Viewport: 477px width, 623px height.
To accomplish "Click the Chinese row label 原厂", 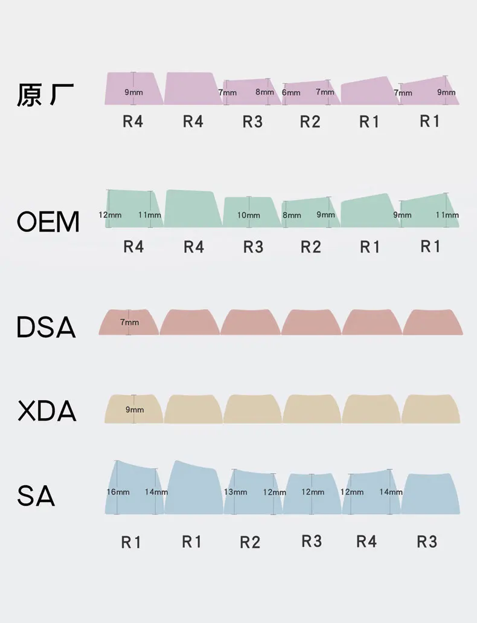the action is coord(45,95).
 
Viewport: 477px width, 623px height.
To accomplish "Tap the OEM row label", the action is coord(48,222).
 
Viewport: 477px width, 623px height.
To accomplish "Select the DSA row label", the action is coord(46,327).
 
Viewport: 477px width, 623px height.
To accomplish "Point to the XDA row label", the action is coord(47,411).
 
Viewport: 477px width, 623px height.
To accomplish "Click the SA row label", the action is coord(36,496).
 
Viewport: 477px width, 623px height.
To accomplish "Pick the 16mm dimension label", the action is coord(118,492).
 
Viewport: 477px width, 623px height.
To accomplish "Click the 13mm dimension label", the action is coord(235,492).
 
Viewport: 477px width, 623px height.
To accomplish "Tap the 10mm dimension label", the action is coord(248,215).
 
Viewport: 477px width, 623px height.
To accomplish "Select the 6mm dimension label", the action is coord(291,92).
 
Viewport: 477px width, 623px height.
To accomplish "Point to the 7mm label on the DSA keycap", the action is coord(129,322).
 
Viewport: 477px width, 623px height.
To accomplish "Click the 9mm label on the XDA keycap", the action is coord(135,409).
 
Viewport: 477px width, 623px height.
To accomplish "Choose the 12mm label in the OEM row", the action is coord(110,215).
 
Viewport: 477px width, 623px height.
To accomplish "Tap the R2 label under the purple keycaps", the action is coord(310,121).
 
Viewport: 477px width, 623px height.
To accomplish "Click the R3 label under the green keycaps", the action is coord(253,247).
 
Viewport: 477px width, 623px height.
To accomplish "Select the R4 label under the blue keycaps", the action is coord(367,541).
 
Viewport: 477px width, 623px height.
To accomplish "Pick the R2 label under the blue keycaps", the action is coord(250,542).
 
